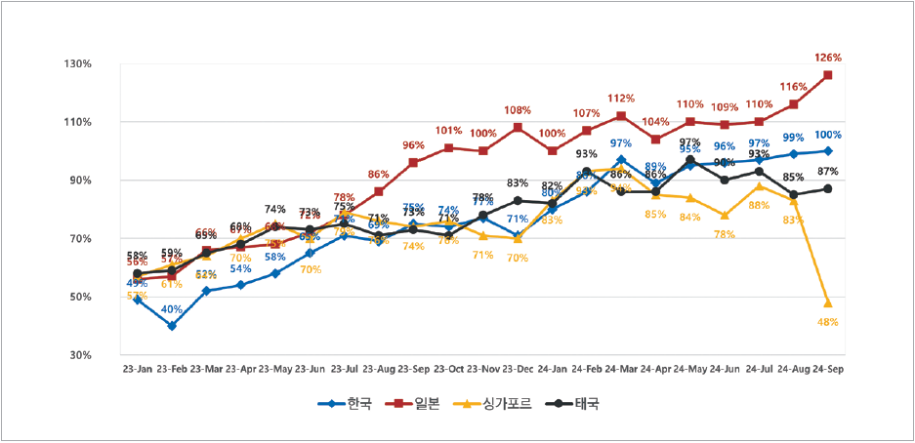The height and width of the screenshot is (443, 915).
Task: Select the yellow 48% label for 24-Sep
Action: [828, 322]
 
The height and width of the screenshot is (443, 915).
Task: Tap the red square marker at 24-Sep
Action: [828, 75]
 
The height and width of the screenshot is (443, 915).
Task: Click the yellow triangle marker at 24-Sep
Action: [828, 303]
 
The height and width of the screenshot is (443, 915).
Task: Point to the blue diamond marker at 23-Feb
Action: [172, 326]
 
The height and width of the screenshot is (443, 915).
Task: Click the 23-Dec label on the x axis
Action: [518, 369]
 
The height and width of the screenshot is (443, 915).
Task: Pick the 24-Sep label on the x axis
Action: [828, 369]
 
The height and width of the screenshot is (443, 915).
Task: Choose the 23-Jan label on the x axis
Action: [137, 369]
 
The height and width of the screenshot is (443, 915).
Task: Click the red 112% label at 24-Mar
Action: [621, 99]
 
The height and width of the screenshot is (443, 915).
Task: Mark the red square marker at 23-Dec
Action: [518, 128]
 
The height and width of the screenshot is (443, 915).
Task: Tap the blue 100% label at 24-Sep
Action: [828, 135]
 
